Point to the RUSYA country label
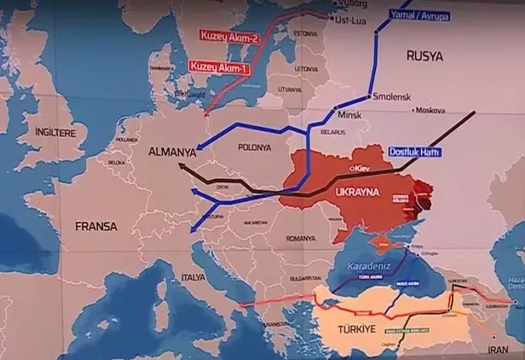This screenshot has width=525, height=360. pos(424,55)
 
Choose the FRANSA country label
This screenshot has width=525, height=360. pos(95,227)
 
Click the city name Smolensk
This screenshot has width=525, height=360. pos(391,97)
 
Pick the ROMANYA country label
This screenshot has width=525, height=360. pos(301,238)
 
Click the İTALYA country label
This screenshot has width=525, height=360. pos(193,278)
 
